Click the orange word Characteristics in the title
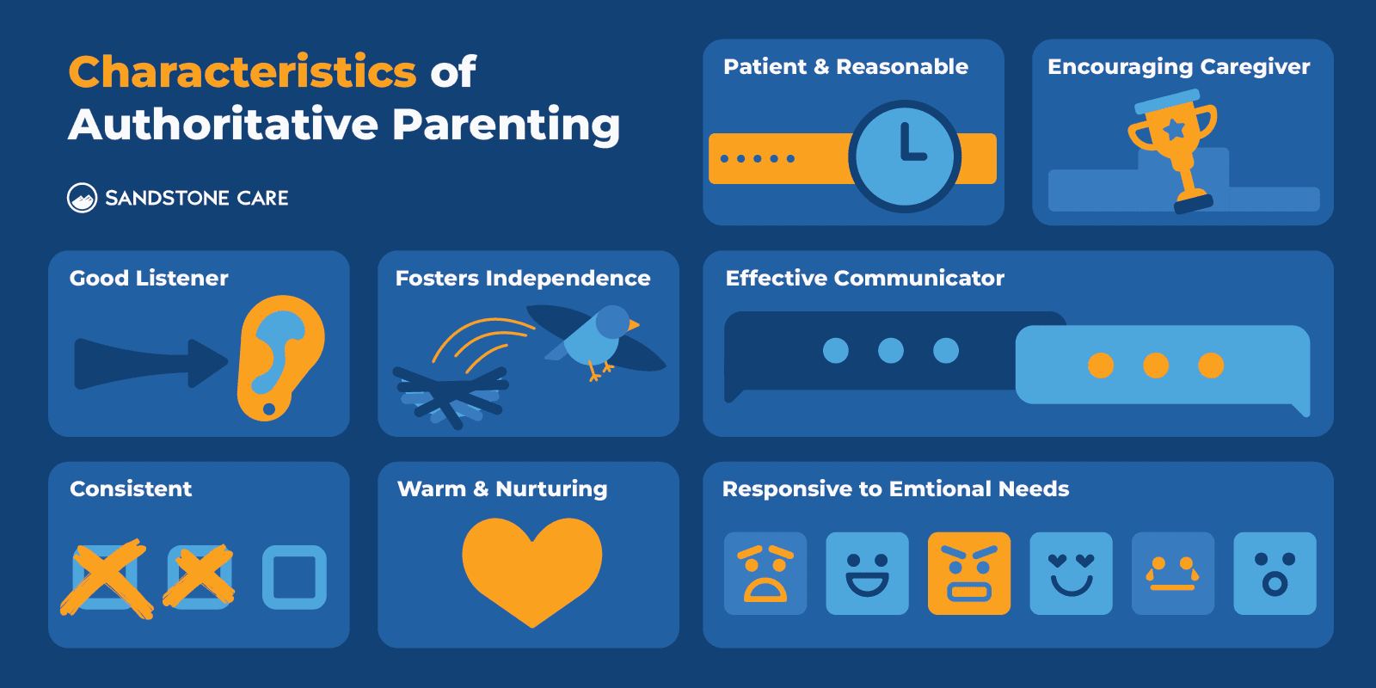(243, 72)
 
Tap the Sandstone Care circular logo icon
(82, 198)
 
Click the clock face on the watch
(904, 157)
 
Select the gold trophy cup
(1175, 138)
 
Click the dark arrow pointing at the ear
(146, 364)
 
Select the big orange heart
(531, 568)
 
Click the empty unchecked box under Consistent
(294, 577)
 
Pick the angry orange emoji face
(969, 574)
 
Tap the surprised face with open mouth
(1275, 574)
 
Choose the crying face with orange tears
(1173, 574)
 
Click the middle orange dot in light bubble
(1156, 365)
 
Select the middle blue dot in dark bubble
(891, 351)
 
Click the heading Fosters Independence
(523, 279)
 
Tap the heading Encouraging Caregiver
(1178, 67)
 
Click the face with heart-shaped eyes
(1071, 574)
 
